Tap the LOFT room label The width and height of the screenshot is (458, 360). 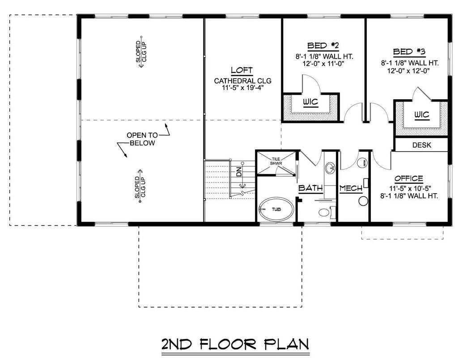242,70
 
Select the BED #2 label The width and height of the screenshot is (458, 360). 323,46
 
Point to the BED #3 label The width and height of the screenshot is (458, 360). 409,51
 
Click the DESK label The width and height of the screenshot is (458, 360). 421,144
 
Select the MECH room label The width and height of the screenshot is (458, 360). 351,188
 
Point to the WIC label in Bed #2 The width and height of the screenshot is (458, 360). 310,102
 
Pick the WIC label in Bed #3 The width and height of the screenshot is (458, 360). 421,115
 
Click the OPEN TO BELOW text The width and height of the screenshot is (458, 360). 142,139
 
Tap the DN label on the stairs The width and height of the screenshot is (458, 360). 238,171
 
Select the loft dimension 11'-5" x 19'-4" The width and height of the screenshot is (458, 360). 242,88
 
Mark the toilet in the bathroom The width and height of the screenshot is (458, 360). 322,211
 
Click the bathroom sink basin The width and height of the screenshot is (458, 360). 330,169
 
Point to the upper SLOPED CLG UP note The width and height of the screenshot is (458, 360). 141,52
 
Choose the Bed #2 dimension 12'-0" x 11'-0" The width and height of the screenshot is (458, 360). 323,64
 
